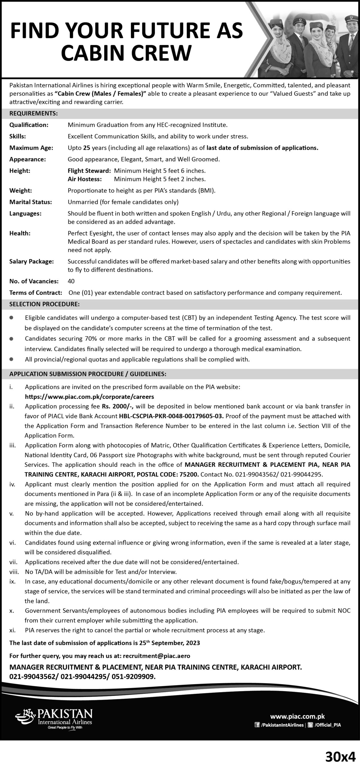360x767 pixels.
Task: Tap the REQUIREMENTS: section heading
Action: (x=33, y=114)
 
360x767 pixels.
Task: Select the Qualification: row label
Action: (x=29, y=125)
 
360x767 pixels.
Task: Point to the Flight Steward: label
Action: (x=89, y=171)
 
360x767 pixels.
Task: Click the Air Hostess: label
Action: (x=84, y=179)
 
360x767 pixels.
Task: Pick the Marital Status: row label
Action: (x=31, y=202)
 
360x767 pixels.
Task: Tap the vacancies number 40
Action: (x=71, y=281)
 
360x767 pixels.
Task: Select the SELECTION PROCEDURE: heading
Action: (x=44, y=304)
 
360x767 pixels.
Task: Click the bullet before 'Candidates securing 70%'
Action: (x=11, y=339)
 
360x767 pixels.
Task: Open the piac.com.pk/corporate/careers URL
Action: (x=89, y=397)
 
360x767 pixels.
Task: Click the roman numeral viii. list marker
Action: (x=14, y=572)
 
